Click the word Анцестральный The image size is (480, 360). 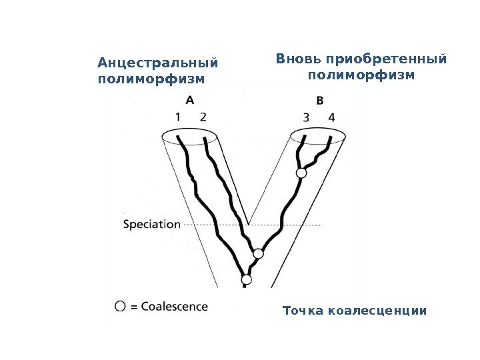(157, 64)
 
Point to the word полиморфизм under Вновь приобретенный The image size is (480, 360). (361, 75)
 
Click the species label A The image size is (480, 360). (190, 100)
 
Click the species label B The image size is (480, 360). (320, 101)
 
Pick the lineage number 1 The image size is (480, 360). (179, 117)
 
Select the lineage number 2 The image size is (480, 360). (203, 117)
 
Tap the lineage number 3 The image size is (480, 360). (306, 117)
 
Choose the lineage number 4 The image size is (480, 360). (331, 117)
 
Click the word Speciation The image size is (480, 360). (152, 225)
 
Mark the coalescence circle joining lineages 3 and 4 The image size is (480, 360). (301, 173)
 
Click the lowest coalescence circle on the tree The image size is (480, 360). (247, 279)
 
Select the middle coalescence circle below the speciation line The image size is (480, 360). (259, 253)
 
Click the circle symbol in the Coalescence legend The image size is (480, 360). (120, 307)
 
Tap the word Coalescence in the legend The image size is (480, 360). (174, 307)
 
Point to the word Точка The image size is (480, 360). (300, 311)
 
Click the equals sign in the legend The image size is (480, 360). (133, 307)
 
